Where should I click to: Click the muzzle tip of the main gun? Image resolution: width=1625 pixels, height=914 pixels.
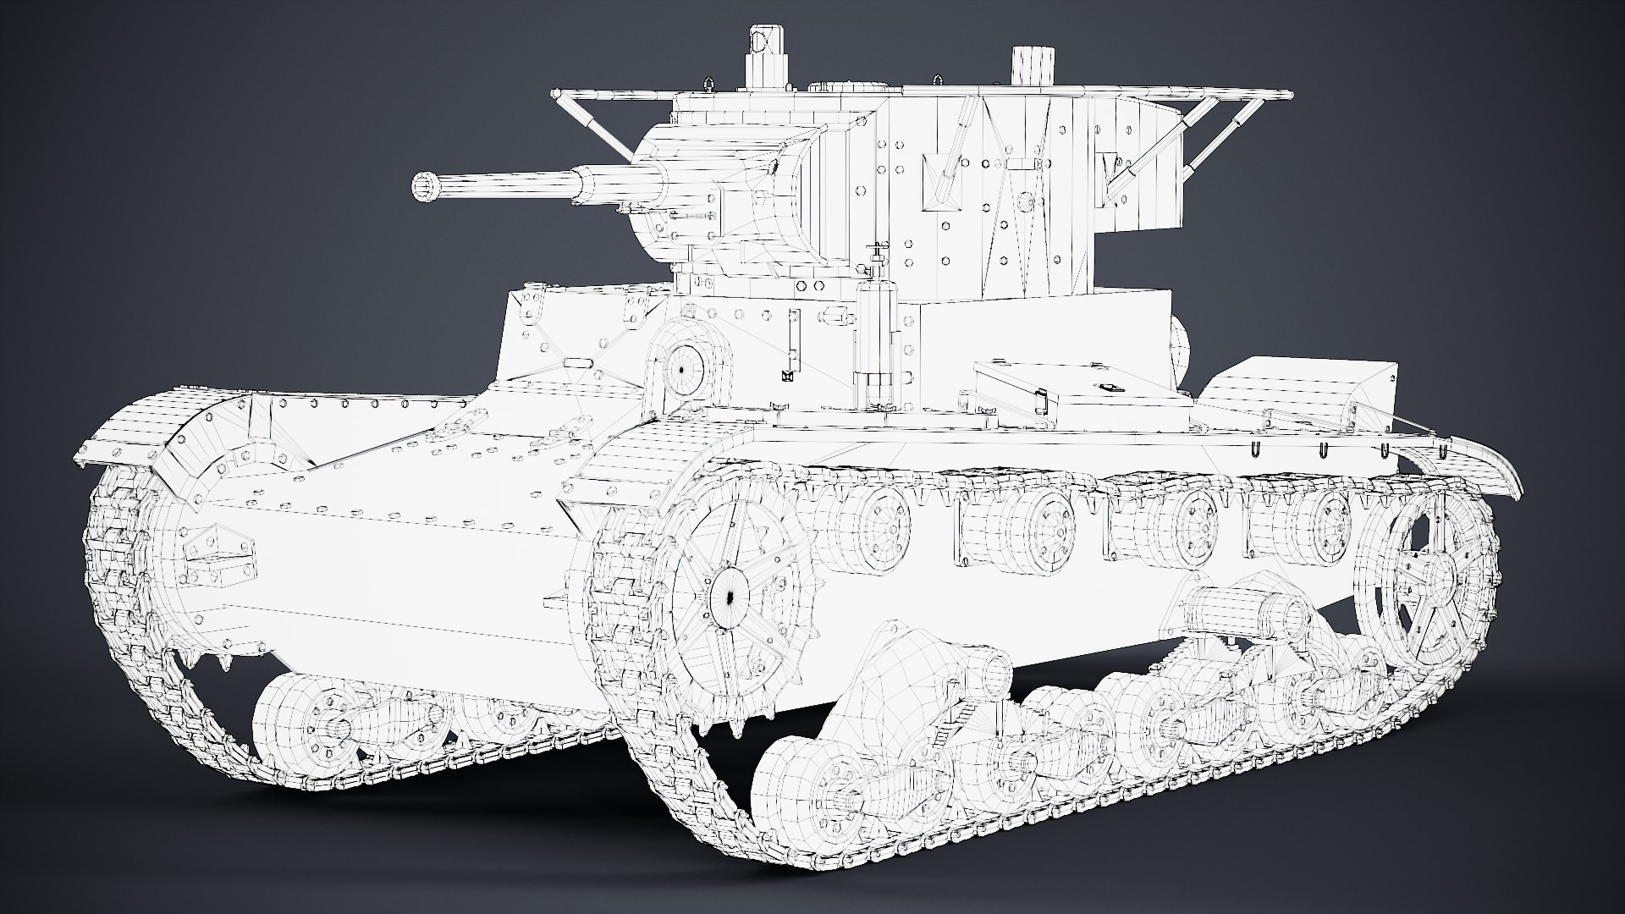click(x=421, y=186)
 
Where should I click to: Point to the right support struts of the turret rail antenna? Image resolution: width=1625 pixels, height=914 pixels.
click(x=1202, y=140)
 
